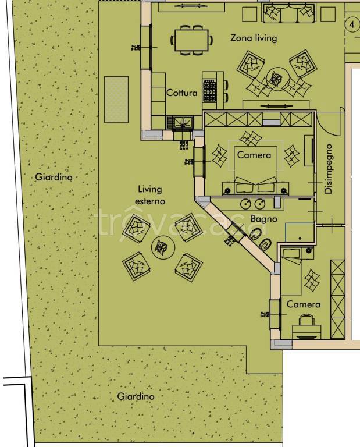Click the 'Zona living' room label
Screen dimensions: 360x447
click(x=254, y=38)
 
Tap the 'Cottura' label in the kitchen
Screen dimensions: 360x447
click(x=181, y=93)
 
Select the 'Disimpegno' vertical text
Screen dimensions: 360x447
click(x=329, y=169)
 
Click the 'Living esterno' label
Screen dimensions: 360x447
click(x=150, y=195)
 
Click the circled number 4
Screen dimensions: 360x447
click(x=352, y=25)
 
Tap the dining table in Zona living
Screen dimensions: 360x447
click(x=191, y=40)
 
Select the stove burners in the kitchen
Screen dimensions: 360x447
click(x=209, y=91)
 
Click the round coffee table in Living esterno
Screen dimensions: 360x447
click(x=163, y=247)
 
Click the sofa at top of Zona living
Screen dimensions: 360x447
click(x=289, y=13)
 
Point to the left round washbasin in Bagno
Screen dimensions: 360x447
click(x=246, y=203)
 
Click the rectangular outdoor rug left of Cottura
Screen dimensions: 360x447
click(x=116, y=100)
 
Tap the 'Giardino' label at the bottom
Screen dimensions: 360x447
click(x=136, y=396)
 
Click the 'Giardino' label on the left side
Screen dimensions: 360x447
click(x=54, y=177)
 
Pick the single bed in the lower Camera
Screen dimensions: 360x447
click(x=291, y=271)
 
